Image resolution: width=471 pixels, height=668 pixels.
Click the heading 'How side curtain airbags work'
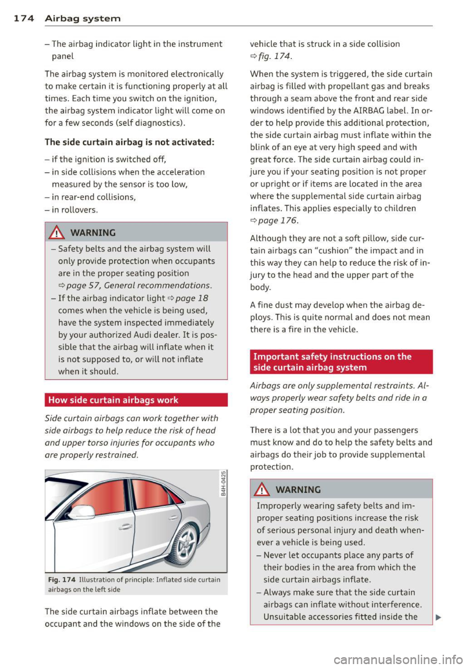(113, 400)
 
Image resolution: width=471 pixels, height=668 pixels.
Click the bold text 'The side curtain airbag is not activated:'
(130, 142)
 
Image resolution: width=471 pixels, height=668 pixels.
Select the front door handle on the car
(126, 526)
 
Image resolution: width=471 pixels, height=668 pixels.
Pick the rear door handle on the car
(173, 517)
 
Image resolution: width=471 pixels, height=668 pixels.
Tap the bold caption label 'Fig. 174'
(62, 580)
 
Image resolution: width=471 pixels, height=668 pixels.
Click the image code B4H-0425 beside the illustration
(223, 483)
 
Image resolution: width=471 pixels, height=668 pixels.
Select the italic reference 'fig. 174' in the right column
(275, 56)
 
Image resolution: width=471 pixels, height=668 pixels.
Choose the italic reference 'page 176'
(278, 220)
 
